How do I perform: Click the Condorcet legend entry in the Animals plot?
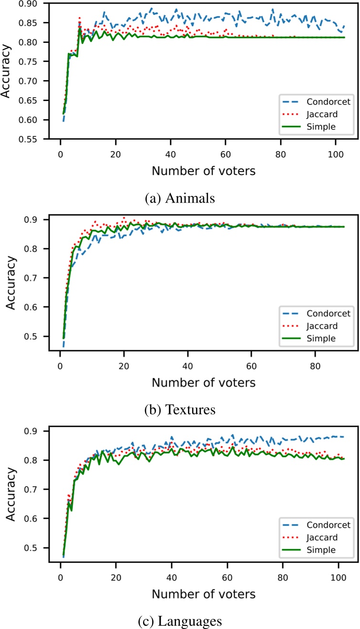tap(322, 101)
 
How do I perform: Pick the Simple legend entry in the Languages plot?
tap(322, 549)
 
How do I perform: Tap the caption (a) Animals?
tap(180, 198)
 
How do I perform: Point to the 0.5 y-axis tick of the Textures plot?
tap(36, 336)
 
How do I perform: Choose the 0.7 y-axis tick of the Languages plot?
tap(36, 489)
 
